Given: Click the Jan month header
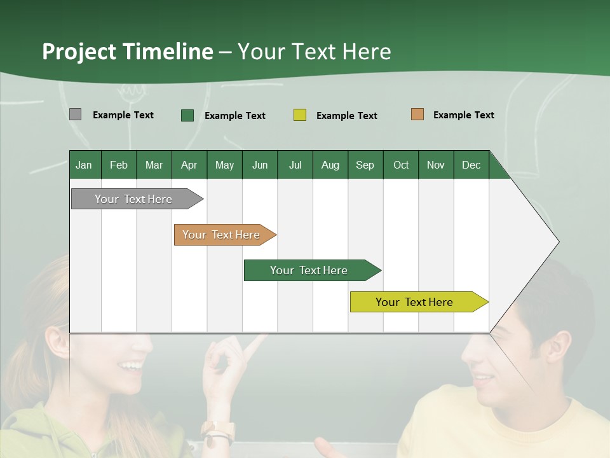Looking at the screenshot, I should coord(84,165).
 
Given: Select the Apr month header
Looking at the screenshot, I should coord(189,165).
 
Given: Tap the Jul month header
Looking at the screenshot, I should coord(295,165).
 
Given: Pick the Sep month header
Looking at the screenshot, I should coord(365,165).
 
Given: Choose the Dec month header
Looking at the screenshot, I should coord(471,165).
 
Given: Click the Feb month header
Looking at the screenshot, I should coord(119,165).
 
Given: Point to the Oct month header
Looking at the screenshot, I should coord(401,165).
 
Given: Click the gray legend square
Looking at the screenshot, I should coord(75,114).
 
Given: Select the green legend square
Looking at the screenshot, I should coord(187,115).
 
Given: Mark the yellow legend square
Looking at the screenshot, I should coord(300,115).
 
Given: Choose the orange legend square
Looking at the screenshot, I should coord(417,114).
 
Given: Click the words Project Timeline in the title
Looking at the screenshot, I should coord(127,52).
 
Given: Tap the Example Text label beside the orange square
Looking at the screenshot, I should coord(463,115).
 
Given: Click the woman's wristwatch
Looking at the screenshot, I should coord(218,433).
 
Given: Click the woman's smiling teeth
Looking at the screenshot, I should coord(132,365).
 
